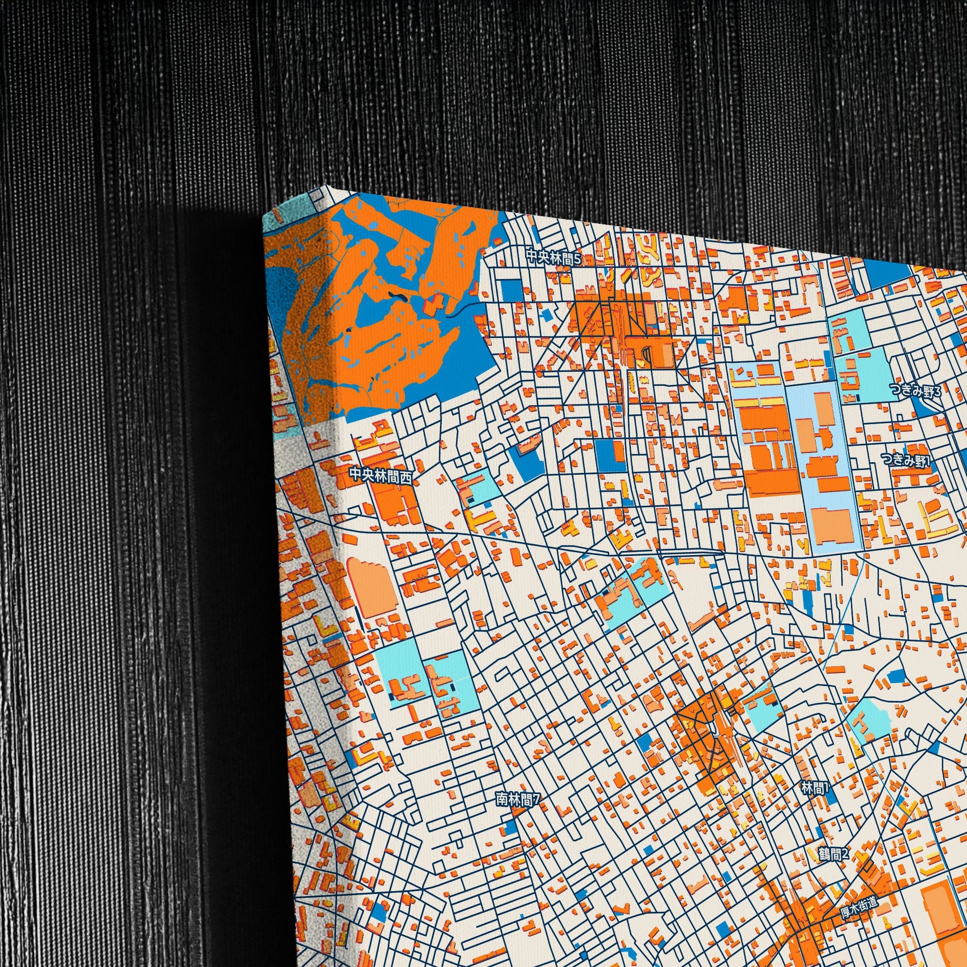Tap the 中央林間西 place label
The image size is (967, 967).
(x=381, y=475)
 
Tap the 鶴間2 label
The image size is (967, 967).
(x=834, y=853)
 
